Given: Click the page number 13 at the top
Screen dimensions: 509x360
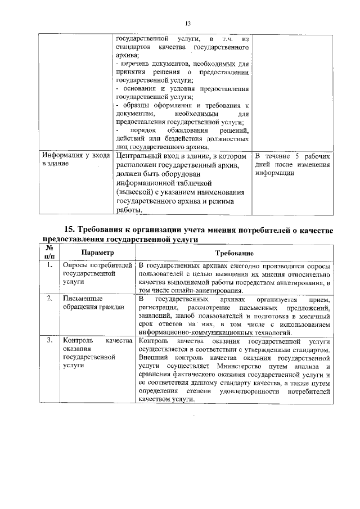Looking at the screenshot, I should [188, 23].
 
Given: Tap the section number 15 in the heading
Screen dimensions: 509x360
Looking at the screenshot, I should [69, 229].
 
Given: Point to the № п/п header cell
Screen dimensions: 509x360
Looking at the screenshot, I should [49, 253].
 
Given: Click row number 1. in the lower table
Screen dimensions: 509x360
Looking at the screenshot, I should [49, 265].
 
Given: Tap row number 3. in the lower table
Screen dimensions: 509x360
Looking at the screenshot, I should [49, 341].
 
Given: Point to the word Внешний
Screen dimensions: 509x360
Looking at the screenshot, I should [153, 357].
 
